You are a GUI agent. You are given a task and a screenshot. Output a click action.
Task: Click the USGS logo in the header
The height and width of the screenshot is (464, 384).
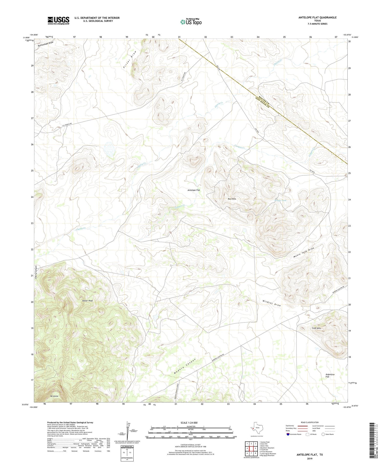(58, 20)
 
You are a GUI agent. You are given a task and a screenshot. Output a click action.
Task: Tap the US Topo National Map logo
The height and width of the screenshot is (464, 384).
(191, 22)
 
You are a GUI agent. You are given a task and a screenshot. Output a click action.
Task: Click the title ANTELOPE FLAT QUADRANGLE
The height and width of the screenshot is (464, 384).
(317, 17)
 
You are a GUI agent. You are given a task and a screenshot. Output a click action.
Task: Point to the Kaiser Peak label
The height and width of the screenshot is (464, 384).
(87, 301)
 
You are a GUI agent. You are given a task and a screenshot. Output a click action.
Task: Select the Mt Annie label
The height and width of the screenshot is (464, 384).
(54, 396)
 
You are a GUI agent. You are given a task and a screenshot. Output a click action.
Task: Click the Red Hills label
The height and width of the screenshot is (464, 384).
(232, 199)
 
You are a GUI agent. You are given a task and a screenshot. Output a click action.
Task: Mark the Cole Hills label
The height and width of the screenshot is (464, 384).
(316, 328)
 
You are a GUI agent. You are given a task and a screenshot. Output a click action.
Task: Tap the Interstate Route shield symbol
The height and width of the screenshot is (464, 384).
(288, 434)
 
